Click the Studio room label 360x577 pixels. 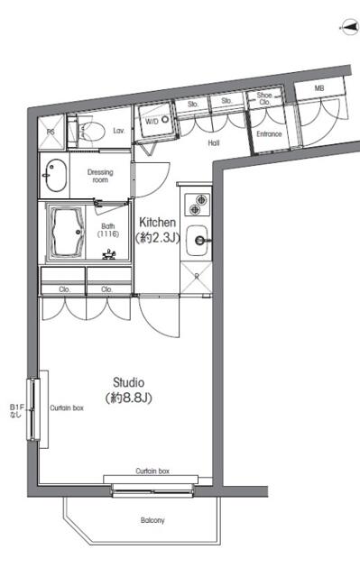click(129, 381)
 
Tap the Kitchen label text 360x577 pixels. click(158, 223)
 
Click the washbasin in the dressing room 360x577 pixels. click(55, 176)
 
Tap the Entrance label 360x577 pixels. click(269, 135)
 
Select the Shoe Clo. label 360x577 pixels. click(264, 98)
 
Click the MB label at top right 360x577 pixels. click(318, 88)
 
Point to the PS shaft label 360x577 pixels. click(51, 132)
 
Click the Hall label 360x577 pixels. click(213, 142)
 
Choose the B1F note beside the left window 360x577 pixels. click(14, 409)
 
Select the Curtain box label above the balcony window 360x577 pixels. click(152, 472)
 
